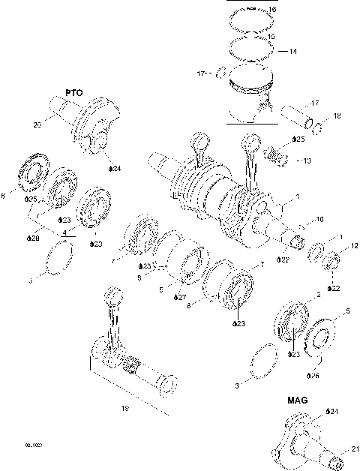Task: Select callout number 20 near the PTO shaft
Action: (38, 126)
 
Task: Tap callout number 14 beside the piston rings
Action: (293, 52)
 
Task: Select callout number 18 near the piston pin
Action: (337, 115)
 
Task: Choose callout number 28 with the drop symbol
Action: (33, 238)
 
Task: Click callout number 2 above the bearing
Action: (317, 295)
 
